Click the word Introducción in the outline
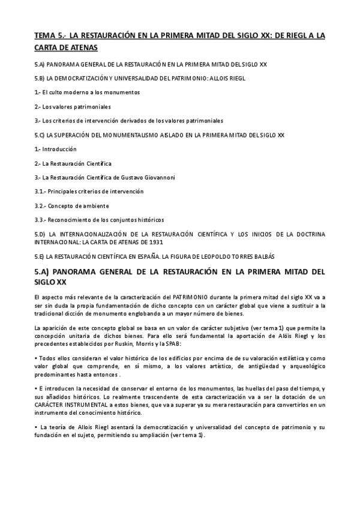pyautogui.click(x=60, y=149)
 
